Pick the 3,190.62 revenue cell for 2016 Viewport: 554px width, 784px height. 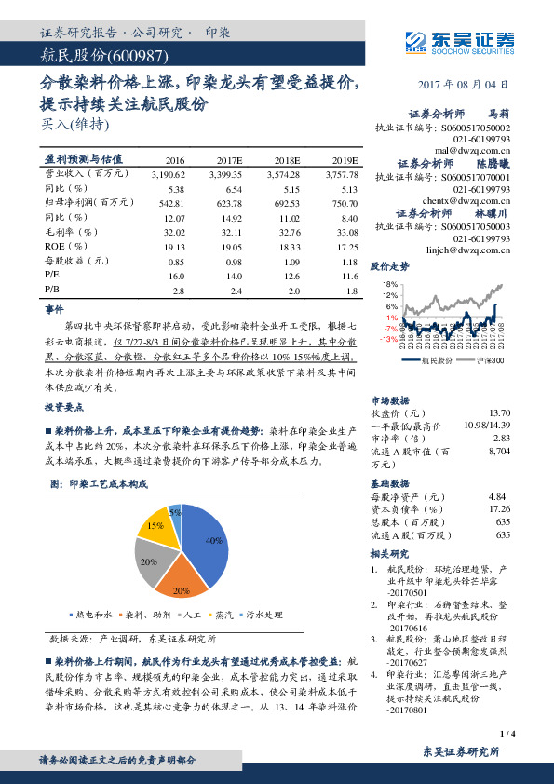(169, 174)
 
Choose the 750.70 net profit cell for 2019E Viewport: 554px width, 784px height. (344, 202)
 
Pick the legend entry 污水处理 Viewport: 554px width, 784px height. (260, 615)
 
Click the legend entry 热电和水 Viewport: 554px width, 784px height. (93, 615)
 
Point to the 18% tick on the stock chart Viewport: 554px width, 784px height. (390, 283)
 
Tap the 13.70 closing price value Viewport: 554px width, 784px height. (500, 412)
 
